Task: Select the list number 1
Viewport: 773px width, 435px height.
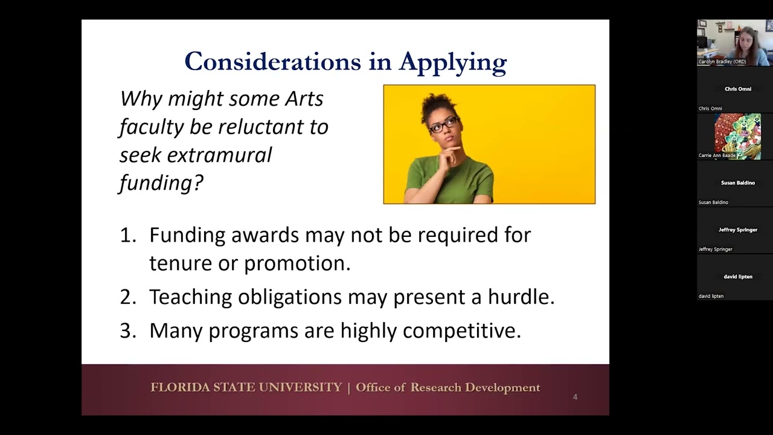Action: (127, 235)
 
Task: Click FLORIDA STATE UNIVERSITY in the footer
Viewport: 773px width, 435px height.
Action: (246, 387)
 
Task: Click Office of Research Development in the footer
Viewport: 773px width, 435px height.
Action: (448, 387)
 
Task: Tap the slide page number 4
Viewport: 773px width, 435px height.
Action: (575, 397)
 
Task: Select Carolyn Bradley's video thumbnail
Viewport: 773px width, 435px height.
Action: (734, 42)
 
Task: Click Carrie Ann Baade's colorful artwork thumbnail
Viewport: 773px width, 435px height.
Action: (737, 136)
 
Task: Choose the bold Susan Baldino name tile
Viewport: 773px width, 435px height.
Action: (737, 182)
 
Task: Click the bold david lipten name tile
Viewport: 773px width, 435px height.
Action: (737, 277)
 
